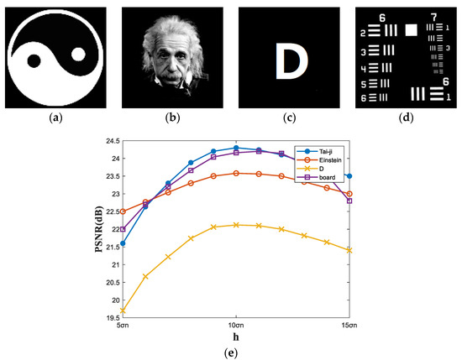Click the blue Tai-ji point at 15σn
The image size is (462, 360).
coord(349,176)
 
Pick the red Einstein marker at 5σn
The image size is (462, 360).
coord(123,211)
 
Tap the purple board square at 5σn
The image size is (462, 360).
coord(123,229)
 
